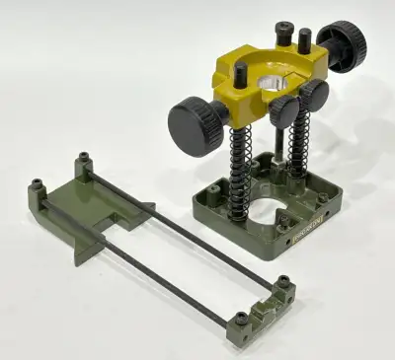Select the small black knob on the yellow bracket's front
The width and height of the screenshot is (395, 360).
tap(314, 97)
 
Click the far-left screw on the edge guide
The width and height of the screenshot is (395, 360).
tap(37, 184)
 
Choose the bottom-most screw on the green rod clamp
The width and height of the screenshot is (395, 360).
tap(239, 320)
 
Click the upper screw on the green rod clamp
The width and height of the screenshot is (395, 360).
tap(283, 282)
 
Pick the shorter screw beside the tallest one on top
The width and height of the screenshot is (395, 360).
tap(304, 41)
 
